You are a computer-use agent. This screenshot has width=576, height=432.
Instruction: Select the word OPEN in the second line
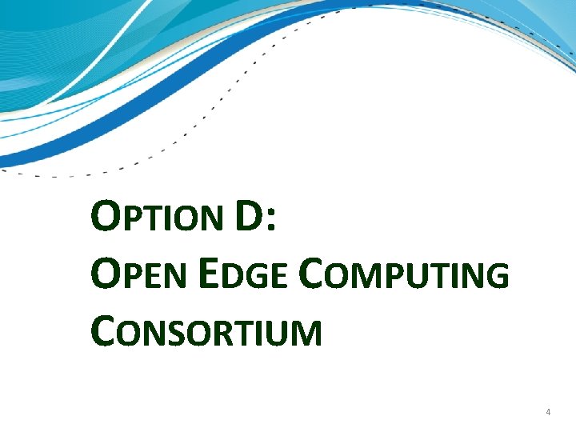[x=139, y=274]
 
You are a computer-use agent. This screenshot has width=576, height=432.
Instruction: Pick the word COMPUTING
[x=403, y=274]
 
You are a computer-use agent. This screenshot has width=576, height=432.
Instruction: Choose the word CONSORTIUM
[x=207, y=331]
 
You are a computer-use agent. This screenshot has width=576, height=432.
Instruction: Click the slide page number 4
[x=548, y=411]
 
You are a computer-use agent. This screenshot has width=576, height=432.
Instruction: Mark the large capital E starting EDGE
[x=208, y=274]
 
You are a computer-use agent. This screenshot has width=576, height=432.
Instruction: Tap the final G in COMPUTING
[x=496, y=276]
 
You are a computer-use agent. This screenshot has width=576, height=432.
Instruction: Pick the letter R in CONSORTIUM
[x=222, y=333]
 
